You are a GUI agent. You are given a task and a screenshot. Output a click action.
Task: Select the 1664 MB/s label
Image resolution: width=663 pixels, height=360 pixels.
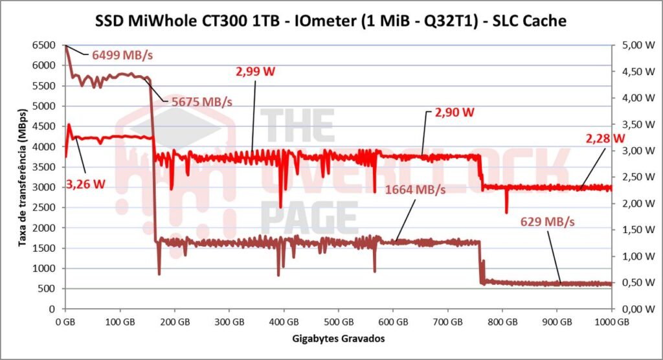(x=416, y=190)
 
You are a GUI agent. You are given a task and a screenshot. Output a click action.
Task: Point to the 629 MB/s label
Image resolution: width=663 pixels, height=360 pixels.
(x=548, y=222)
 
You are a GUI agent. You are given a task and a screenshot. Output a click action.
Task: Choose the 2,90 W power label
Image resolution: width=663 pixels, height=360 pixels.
(x=455, y=112)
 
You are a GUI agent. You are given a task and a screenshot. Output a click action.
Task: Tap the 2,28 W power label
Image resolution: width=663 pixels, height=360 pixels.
(x=606, y=138)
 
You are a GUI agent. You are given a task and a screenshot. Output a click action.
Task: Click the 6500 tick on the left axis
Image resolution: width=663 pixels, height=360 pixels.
(x=46, y=45)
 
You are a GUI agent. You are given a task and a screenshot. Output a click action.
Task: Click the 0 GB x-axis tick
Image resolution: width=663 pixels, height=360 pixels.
(x=65, y=321)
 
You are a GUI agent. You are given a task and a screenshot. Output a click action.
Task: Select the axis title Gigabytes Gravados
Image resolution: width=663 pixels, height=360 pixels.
(x=338, y=338)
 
